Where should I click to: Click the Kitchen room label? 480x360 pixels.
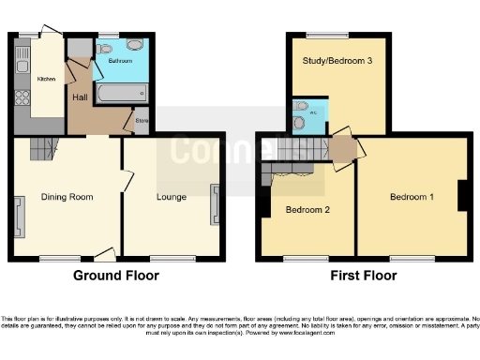(45, 80)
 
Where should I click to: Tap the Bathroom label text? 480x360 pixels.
(119, 59)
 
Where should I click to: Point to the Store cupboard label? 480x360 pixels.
(142, 121)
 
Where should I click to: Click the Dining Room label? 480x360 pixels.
(67, 197)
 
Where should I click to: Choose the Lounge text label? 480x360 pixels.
(171, 197)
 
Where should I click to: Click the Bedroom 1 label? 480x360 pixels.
(412, 197)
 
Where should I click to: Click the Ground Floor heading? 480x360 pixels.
(116, 276)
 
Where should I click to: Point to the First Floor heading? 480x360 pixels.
(364, 276)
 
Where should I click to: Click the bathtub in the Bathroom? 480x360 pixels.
(121, 94)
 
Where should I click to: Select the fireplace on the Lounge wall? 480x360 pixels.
(216, 204)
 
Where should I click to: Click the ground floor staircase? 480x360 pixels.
(41, 148)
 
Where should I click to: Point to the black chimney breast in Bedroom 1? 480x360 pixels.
(462, 195)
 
